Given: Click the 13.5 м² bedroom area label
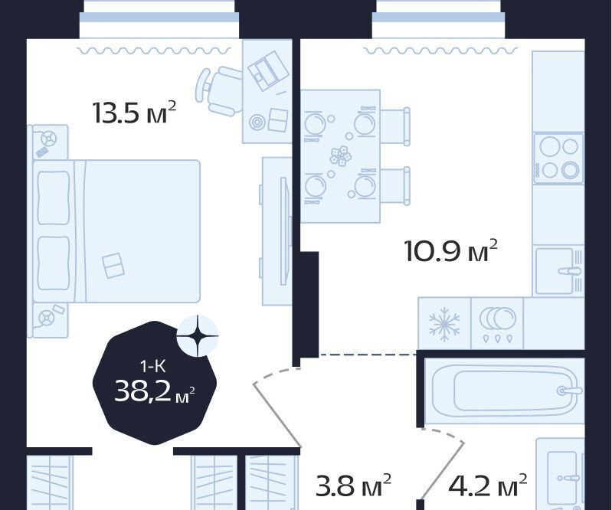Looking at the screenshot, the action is tap(135, 112).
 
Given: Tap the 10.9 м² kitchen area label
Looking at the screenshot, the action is tap(451, 250).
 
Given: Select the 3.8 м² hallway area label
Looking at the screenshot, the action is tap(353, 485).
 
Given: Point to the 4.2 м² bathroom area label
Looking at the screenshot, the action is tap(487, 485).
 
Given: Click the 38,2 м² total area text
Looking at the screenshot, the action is tap(155, 391).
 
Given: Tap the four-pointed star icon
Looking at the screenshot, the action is tap(198, 335).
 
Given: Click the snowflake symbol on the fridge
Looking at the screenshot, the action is tap(444, 325).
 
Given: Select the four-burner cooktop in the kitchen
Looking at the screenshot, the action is tap(558, 158).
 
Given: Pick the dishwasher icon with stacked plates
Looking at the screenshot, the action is tap(497, 324).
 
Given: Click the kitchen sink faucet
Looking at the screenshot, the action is tap(571, 271).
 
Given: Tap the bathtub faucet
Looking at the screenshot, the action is tap(571, 391).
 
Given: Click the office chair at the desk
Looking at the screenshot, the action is tap(221, 90).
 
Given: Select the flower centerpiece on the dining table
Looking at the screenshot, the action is tap(341, 155).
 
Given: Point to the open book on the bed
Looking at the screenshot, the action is tap(113, 266).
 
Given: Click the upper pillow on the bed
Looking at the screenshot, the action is tap(54, 198).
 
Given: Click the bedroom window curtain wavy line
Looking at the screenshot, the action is tap(154, 51).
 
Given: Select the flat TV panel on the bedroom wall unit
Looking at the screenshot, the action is tap(284, 230).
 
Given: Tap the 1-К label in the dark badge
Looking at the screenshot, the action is tap(152, 366).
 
